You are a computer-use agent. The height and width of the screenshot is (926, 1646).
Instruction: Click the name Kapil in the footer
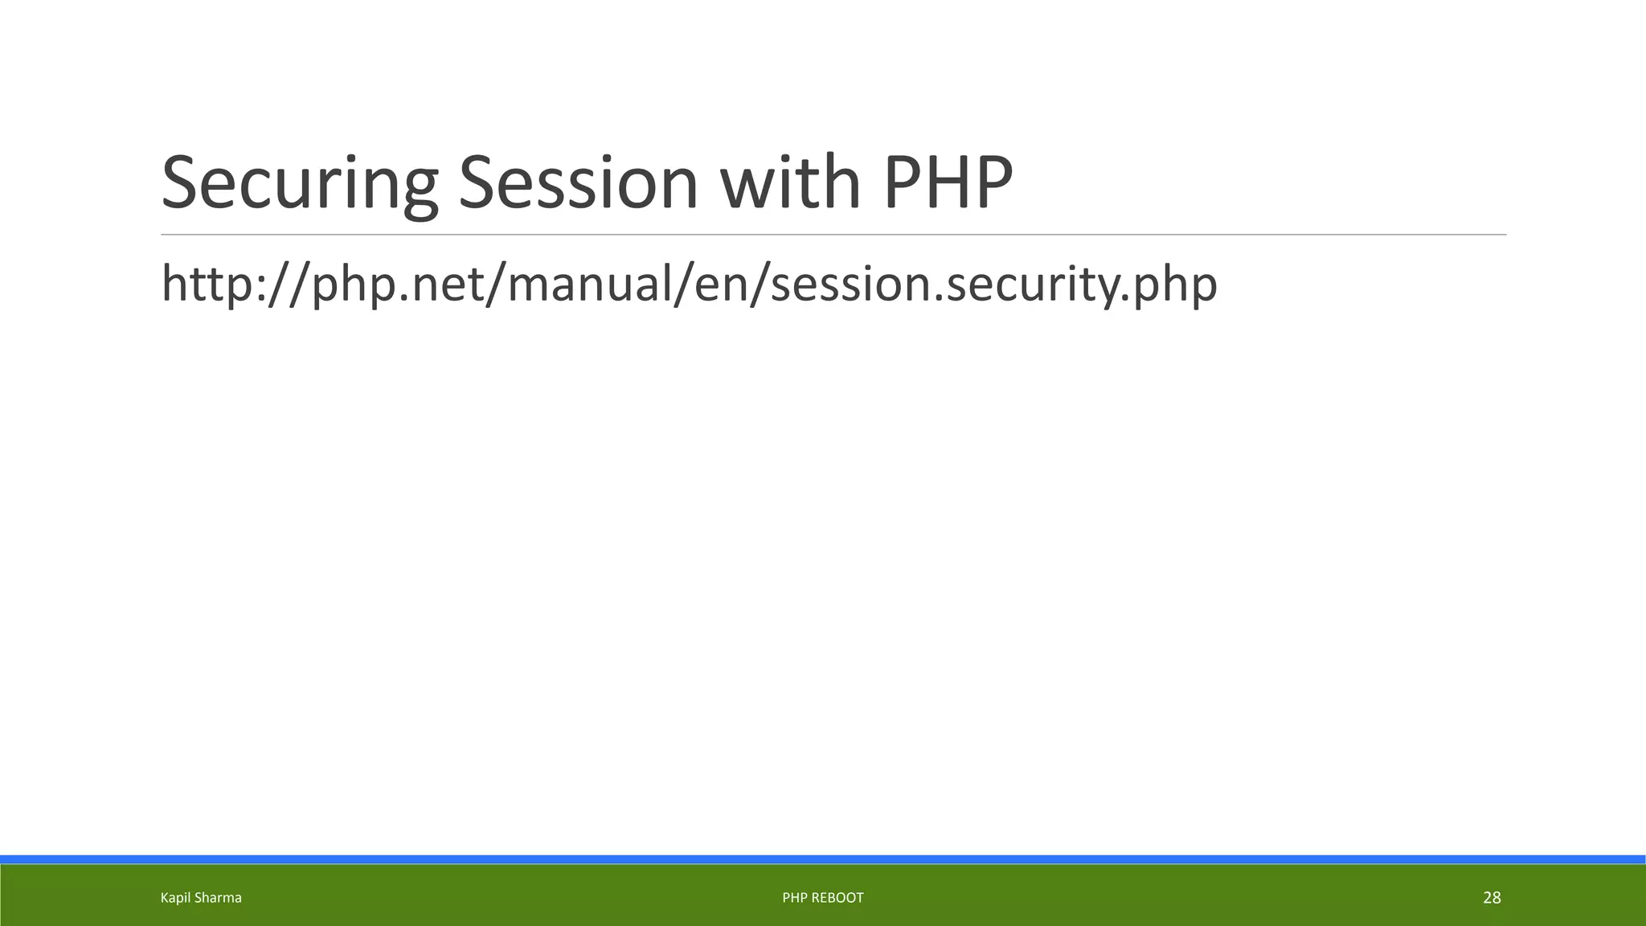pyautogui.click(x=174, y=898)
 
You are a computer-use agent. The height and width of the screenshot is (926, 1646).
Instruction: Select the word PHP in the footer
pyautogui.click(x=793, y=898)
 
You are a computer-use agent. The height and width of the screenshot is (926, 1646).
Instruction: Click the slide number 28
pyautogui.click(x=1492, y=898)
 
